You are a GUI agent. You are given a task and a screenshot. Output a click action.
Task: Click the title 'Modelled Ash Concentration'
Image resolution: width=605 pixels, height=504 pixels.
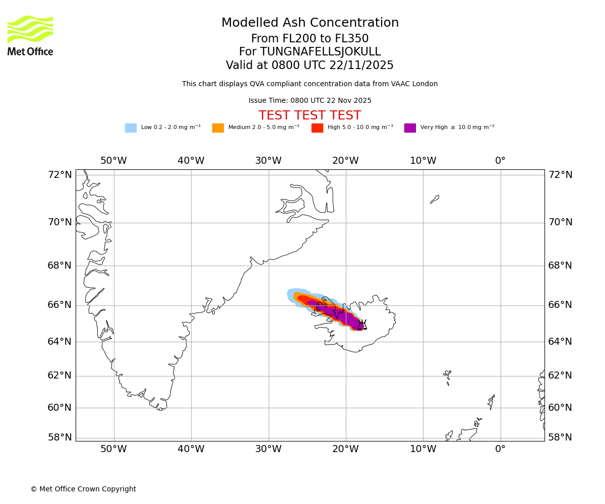(x=310, y=23)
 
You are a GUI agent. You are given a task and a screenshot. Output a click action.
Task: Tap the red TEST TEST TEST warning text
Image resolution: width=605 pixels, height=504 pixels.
(x=310, y=116)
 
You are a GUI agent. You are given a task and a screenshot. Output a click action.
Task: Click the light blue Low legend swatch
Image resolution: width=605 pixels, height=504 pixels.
(x=131, y=128)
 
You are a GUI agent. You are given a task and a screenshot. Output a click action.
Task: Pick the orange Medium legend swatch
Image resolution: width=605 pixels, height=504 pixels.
(x=218, y=128)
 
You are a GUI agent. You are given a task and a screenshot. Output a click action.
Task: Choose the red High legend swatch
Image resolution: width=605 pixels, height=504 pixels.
(x=317, y=128)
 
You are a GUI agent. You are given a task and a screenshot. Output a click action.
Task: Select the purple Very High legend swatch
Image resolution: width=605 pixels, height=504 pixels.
(x=410, y=128)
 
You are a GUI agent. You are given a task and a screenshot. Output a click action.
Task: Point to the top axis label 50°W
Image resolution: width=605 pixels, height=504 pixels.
(x=113, y=161)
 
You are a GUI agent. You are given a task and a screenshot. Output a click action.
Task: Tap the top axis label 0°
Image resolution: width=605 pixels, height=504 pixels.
(x=500, y=161)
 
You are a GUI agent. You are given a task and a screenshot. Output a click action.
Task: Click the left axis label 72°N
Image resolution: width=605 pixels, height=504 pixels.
(x=60, y=175)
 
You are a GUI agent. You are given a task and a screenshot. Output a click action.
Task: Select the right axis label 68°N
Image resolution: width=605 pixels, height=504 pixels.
(x=560, y=266)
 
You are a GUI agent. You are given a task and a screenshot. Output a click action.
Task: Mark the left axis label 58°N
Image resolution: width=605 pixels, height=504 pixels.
(x=60, y=437)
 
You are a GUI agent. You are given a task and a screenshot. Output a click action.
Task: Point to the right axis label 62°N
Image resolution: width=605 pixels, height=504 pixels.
(x=560, y=375)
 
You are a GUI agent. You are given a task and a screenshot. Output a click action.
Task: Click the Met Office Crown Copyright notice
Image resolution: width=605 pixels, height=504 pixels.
(x=83, y=489)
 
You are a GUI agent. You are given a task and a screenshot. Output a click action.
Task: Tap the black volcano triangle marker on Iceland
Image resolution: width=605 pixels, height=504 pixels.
(x=362, y=325)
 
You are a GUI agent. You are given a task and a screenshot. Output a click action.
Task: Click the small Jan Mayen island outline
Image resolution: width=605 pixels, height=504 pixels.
(x=435, y=199)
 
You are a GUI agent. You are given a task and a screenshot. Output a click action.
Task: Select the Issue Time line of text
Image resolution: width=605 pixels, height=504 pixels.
(x=310, y=101)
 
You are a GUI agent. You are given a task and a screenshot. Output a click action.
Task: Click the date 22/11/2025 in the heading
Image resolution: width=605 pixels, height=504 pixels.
(x=361, y=66)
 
